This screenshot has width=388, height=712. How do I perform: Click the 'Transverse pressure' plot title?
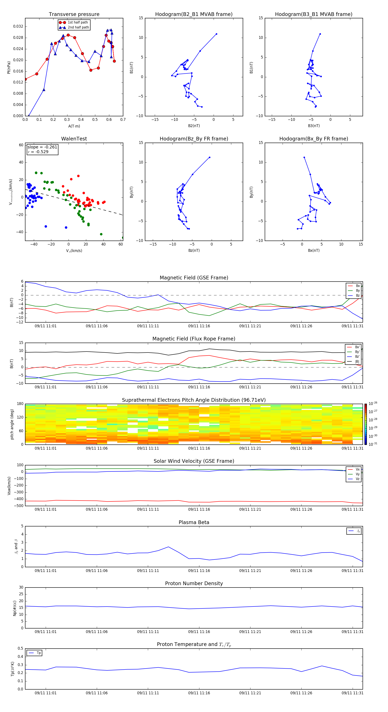tap(74, 14)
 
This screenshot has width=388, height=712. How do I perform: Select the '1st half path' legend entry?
tap(78, 22)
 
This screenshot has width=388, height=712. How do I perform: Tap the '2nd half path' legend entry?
tap(78, 27)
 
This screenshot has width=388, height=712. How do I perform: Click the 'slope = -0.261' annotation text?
tap(42, 147)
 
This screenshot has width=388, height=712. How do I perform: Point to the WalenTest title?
tap(74, 139)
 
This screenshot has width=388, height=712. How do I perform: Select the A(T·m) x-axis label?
tap(74, 126)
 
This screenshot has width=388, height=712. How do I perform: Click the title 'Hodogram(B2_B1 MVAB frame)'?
tap(194, 14)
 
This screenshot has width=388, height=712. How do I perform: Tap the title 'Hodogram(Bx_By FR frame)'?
tap(313, 139)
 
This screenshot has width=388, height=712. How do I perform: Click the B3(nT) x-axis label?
tap(314, 126)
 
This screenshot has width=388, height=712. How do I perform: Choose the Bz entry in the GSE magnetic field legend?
tap(357, 295)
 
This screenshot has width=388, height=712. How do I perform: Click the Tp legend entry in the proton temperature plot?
tap(38, 653)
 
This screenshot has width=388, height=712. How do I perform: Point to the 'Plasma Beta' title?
tap(194, 522)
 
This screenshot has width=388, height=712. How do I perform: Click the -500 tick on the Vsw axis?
tap(19, 506)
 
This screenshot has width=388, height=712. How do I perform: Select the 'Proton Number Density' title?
tap(194, 583)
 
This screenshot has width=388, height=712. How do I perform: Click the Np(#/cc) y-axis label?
tap(15, 608)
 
